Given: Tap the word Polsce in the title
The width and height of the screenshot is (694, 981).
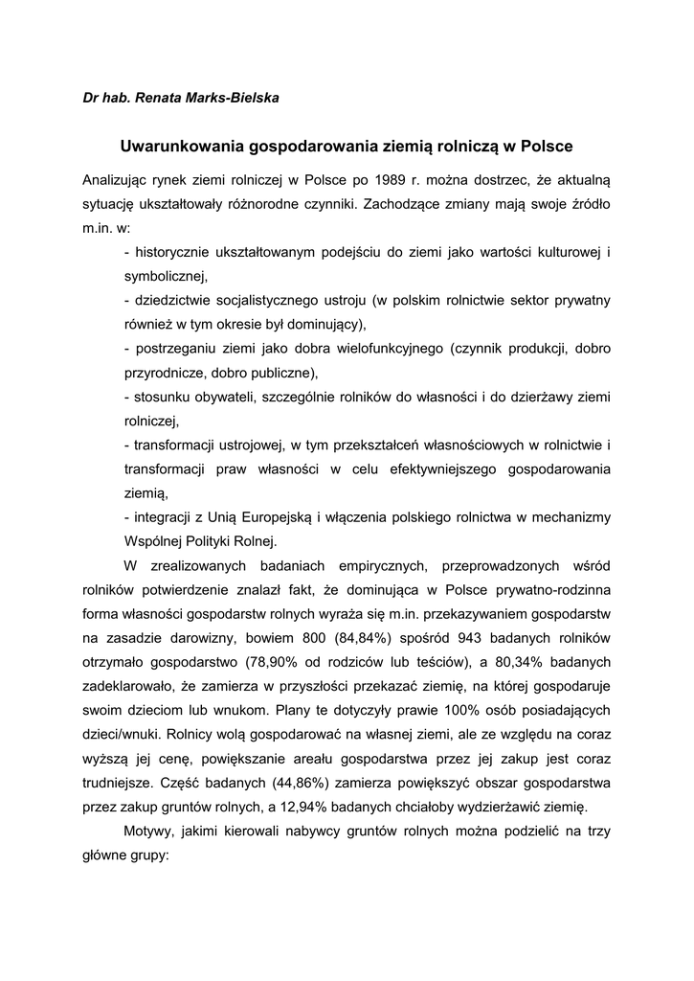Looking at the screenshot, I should (x=544, y=147).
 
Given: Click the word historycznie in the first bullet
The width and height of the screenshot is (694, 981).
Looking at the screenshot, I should (x=175, y=252).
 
